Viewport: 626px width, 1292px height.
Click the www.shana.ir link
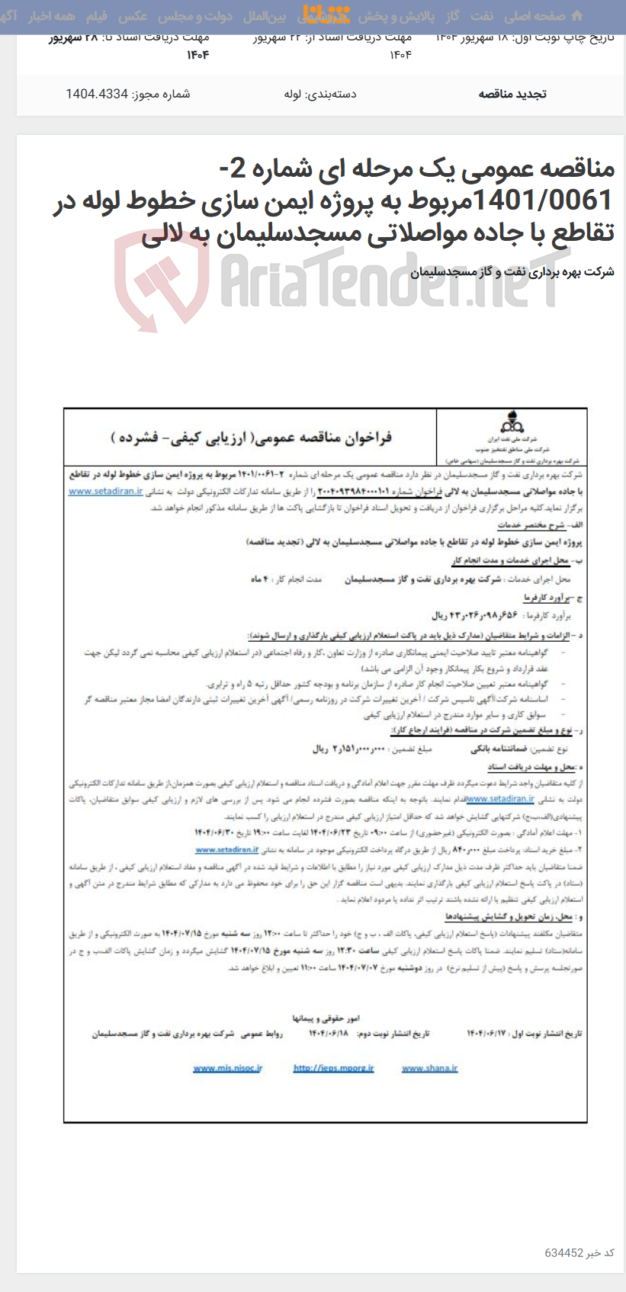coord(429,1069)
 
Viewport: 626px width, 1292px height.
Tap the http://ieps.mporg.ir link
coord(333,1069)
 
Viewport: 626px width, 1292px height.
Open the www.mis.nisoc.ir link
coord(227,1069)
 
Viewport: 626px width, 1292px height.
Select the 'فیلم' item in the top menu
coord(97,16)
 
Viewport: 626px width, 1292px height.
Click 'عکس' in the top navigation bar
coord(133,16)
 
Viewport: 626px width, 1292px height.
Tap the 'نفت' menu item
coord(481,16)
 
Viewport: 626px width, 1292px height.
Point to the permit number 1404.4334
coord(128,95)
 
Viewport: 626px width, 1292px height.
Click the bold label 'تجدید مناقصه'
coord(512,95)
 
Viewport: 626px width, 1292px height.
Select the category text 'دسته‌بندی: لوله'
coord(319,95)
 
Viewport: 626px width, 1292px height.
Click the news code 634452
coord(563,1253)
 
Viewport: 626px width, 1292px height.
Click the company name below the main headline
coord(512,272)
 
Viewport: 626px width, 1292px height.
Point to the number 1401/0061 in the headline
coord(544,200)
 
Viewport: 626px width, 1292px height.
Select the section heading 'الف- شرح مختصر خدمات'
coord(542,526)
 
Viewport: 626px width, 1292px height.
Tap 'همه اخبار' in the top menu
coord(51,16)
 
